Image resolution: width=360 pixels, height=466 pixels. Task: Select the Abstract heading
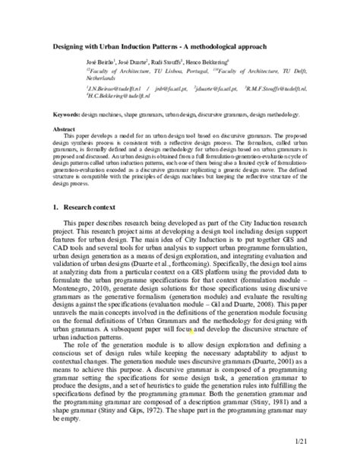[66, 131]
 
